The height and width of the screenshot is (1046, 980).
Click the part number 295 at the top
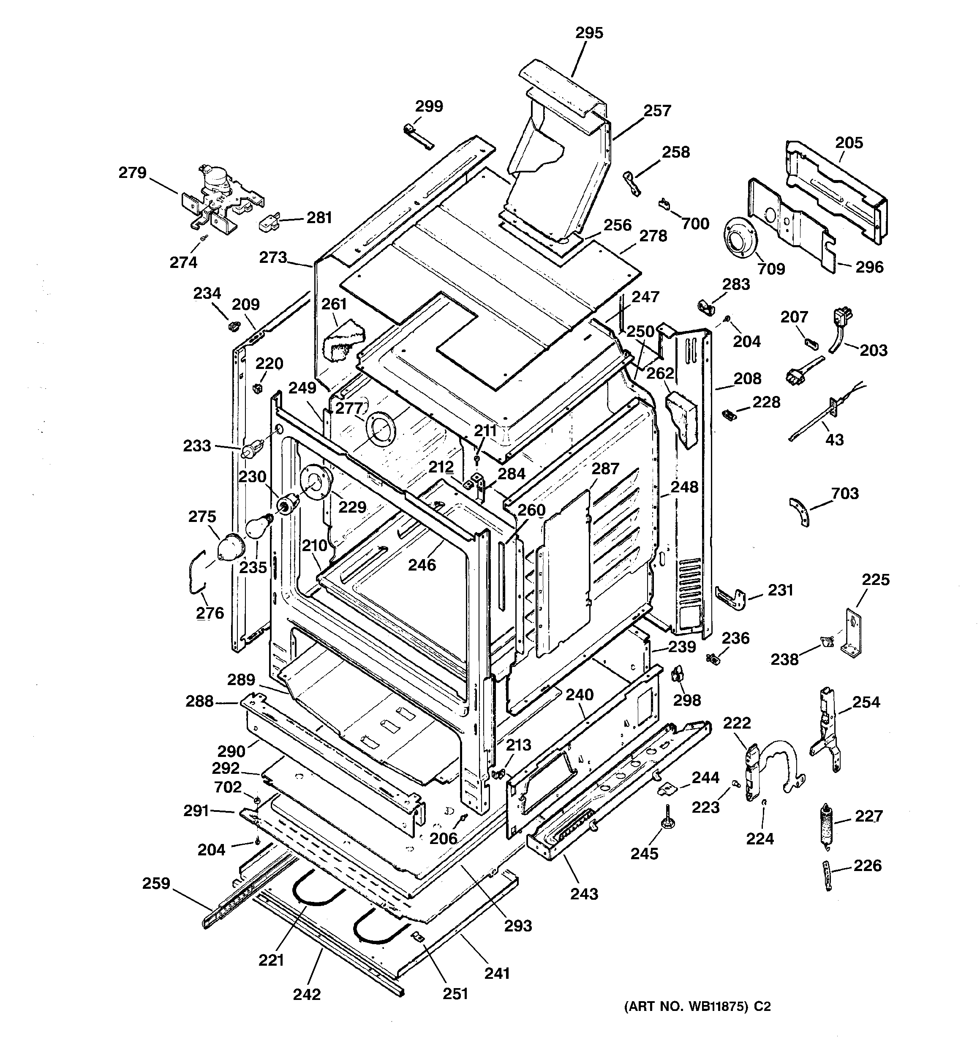coord(588,33)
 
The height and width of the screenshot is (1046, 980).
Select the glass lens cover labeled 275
coord(231,547)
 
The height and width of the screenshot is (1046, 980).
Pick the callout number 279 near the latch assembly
coord(133,172)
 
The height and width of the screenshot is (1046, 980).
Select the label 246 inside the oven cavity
coord(422,565)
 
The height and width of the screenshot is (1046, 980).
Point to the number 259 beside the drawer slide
coord(156,883)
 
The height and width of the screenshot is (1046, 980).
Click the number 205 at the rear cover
coord(849,142)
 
